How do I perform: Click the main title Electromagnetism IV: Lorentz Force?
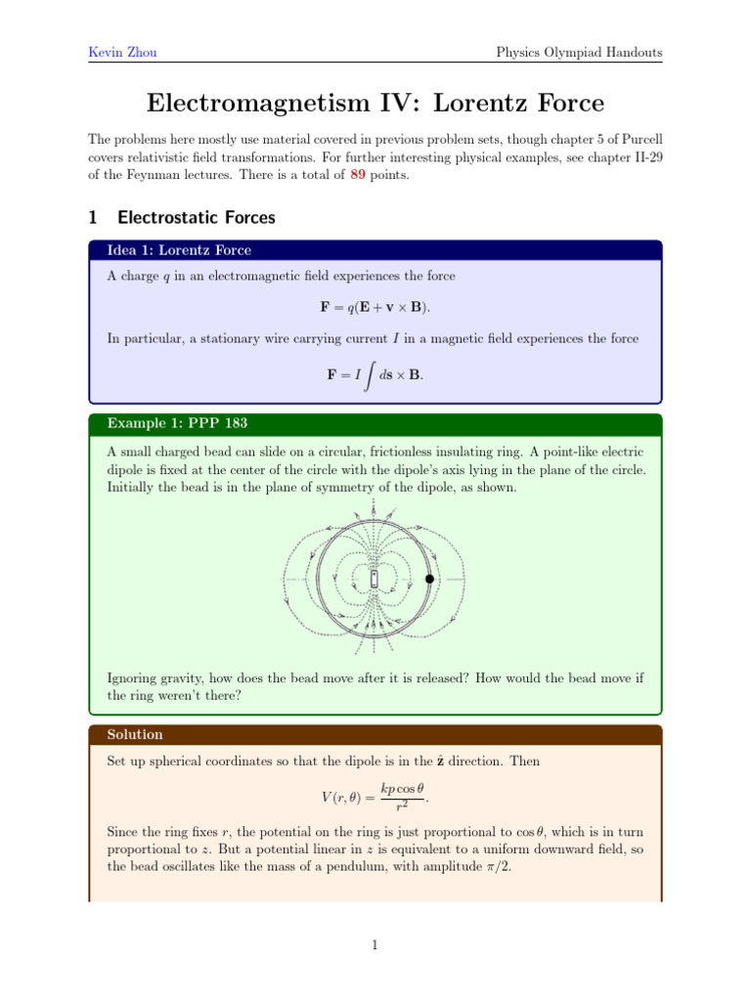coord(375,103)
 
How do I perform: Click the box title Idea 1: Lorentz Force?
coord(179,251)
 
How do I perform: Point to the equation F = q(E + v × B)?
coord(375,307)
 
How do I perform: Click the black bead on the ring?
coord(429,579)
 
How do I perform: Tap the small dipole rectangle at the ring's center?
coord(375,580)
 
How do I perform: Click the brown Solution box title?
coord(135,734)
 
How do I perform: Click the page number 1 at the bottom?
coord(375,945)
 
